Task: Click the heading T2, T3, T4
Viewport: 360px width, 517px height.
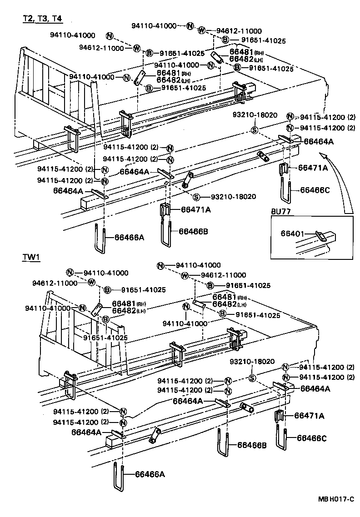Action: point(43,19)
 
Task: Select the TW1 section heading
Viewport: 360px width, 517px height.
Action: point(31,258)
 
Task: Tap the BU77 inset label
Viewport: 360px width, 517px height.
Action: point(281,211)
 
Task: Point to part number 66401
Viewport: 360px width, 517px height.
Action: point(292,233)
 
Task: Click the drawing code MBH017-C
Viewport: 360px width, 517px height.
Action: point(336,499)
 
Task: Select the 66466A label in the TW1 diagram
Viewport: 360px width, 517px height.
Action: point(150,474)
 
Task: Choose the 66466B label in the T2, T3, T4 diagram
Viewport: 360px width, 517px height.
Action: point(193,231)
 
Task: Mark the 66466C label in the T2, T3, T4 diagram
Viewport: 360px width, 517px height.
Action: point(315,190)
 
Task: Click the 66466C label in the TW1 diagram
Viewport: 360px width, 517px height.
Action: point(312,438)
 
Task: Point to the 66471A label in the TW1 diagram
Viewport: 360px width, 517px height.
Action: point(310,415)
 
